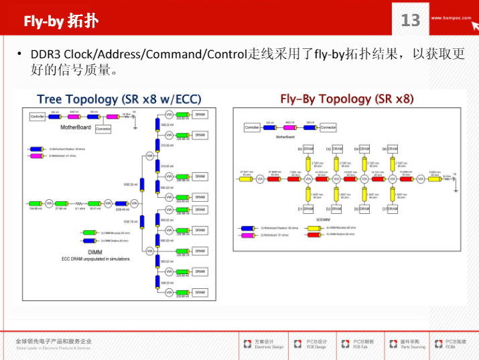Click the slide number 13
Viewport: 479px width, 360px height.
point(410,20)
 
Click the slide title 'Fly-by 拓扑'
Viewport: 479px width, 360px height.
point(61,21)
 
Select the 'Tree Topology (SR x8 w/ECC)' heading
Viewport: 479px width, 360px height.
point(119,99)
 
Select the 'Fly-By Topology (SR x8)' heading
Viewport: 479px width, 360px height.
point(346,99)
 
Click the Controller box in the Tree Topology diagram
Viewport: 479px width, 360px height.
point(38,116)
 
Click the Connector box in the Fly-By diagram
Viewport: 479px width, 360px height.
point(328,127)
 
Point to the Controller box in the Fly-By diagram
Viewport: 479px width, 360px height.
point(252,127)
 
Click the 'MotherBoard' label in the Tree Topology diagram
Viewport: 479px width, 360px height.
point(75,127)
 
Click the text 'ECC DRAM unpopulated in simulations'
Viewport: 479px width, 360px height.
point(96,259)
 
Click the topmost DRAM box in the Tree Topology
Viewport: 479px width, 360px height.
point(200,114)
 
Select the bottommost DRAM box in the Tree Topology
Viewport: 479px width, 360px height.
point(200,292)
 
